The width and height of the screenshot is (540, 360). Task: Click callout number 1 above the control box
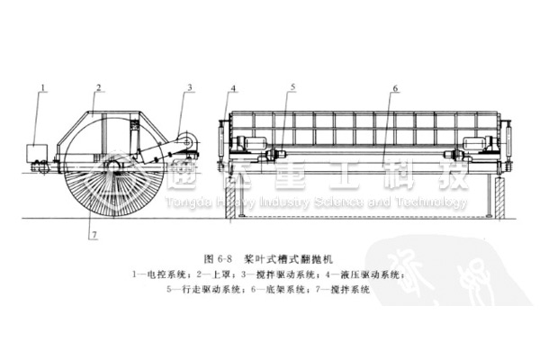coord(41,86)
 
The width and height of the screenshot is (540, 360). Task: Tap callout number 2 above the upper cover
coord(96,86)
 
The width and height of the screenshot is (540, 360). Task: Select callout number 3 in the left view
coord(190,86)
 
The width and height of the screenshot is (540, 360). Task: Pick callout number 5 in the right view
coord(292,86)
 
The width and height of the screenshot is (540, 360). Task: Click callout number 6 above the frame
coord(394,87)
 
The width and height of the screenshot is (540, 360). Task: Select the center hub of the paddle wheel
coord(113,166)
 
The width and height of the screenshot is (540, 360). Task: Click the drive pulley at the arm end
coord(186,141)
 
